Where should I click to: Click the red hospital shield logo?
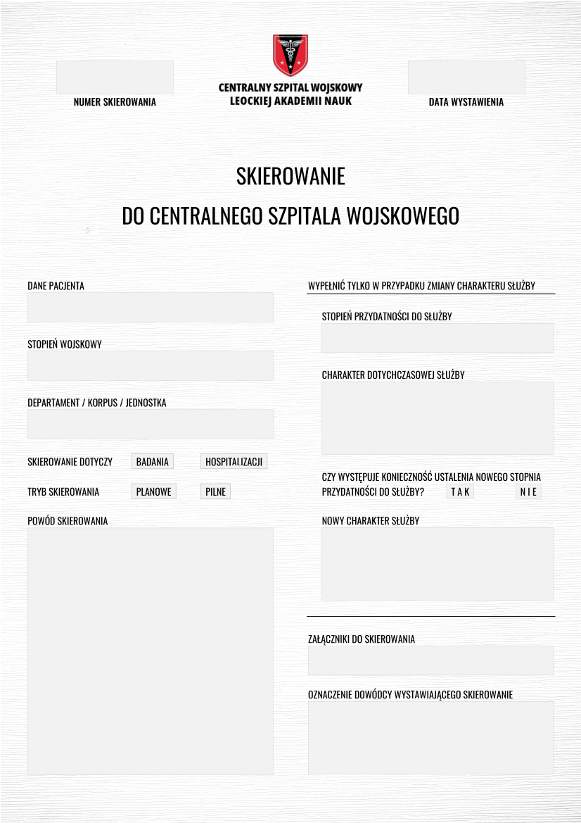[290, 54]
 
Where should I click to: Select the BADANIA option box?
[153, 462]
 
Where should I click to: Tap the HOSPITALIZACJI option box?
[234, 462]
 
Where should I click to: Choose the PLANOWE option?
[153, 491]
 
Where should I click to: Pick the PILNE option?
[215, 491]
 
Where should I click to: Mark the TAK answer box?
[460, 491]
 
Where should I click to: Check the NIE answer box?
[528, 491]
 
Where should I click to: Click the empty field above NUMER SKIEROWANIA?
[115, 77]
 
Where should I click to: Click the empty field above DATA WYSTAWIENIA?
[466, 77]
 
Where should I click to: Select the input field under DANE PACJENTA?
[150, 308]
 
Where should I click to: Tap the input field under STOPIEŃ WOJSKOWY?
[150, 366]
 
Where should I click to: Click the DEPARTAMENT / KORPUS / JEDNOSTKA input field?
[150, 425]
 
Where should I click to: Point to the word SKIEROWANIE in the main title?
[290, 176]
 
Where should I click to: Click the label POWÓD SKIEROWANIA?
[68, 521]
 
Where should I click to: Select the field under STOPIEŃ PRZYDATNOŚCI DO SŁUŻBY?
[438, 338]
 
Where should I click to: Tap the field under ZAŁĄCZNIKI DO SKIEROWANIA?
[430, 660]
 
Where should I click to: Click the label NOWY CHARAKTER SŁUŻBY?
[370, 521]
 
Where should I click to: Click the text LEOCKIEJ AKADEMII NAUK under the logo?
[290, 101]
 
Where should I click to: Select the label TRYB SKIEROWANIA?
[63, 492]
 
